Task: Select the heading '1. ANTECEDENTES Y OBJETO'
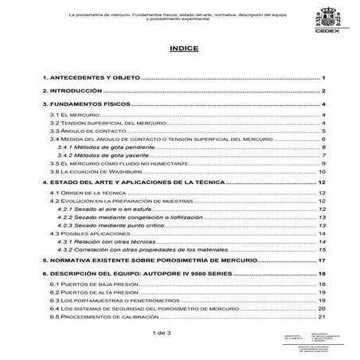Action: click(90, 79)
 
